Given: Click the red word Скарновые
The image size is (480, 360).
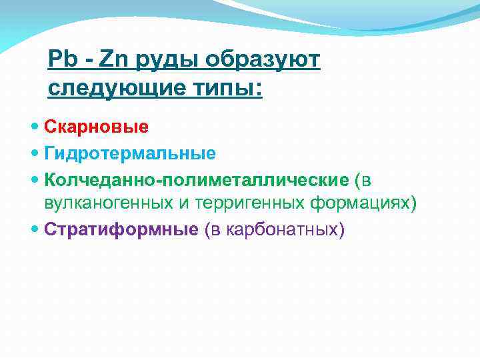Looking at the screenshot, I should click(x=97, y=126).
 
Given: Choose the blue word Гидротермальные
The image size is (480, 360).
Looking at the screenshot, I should click(x=130, y=154).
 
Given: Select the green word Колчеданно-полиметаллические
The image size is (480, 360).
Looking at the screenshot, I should click(x=196, y=181).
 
